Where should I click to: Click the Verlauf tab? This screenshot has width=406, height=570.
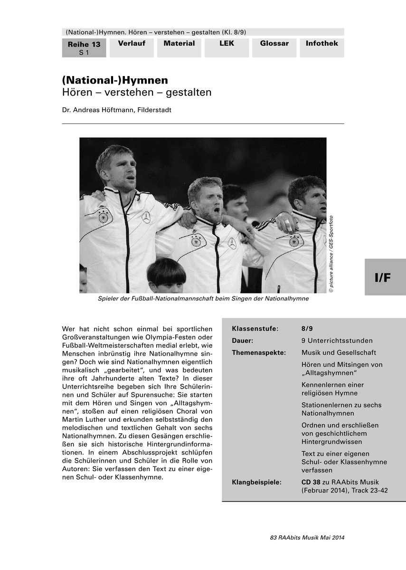(132, 44)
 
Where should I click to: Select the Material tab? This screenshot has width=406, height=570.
(179, 44)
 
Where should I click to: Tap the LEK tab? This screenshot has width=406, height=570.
(227, 44)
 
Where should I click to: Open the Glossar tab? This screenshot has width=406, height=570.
(274, 44)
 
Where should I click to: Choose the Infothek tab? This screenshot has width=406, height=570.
(321, 44)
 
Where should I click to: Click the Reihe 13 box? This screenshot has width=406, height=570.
(84, 48)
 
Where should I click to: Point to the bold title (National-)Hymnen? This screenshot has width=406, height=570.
(115, 80)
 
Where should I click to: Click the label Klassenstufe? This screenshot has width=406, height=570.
(255, 329)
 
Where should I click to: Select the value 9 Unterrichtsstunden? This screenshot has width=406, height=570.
(337, 341)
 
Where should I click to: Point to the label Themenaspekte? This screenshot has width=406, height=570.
(258, 352)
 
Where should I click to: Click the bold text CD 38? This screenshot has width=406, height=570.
(311, 482)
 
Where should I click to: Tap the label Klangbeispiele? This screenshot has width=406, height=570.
(256, 482)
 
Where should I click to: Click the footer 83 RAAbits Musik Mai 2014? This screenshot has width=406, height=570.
(307, 538)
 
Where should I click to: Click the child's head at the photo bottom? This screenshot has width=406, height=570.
(166, 276)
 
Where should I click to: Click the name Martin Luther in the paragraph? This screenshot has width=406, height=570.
(84, 420)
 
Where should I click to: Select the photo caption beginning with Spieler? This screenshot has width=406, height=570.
(203, 299)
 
